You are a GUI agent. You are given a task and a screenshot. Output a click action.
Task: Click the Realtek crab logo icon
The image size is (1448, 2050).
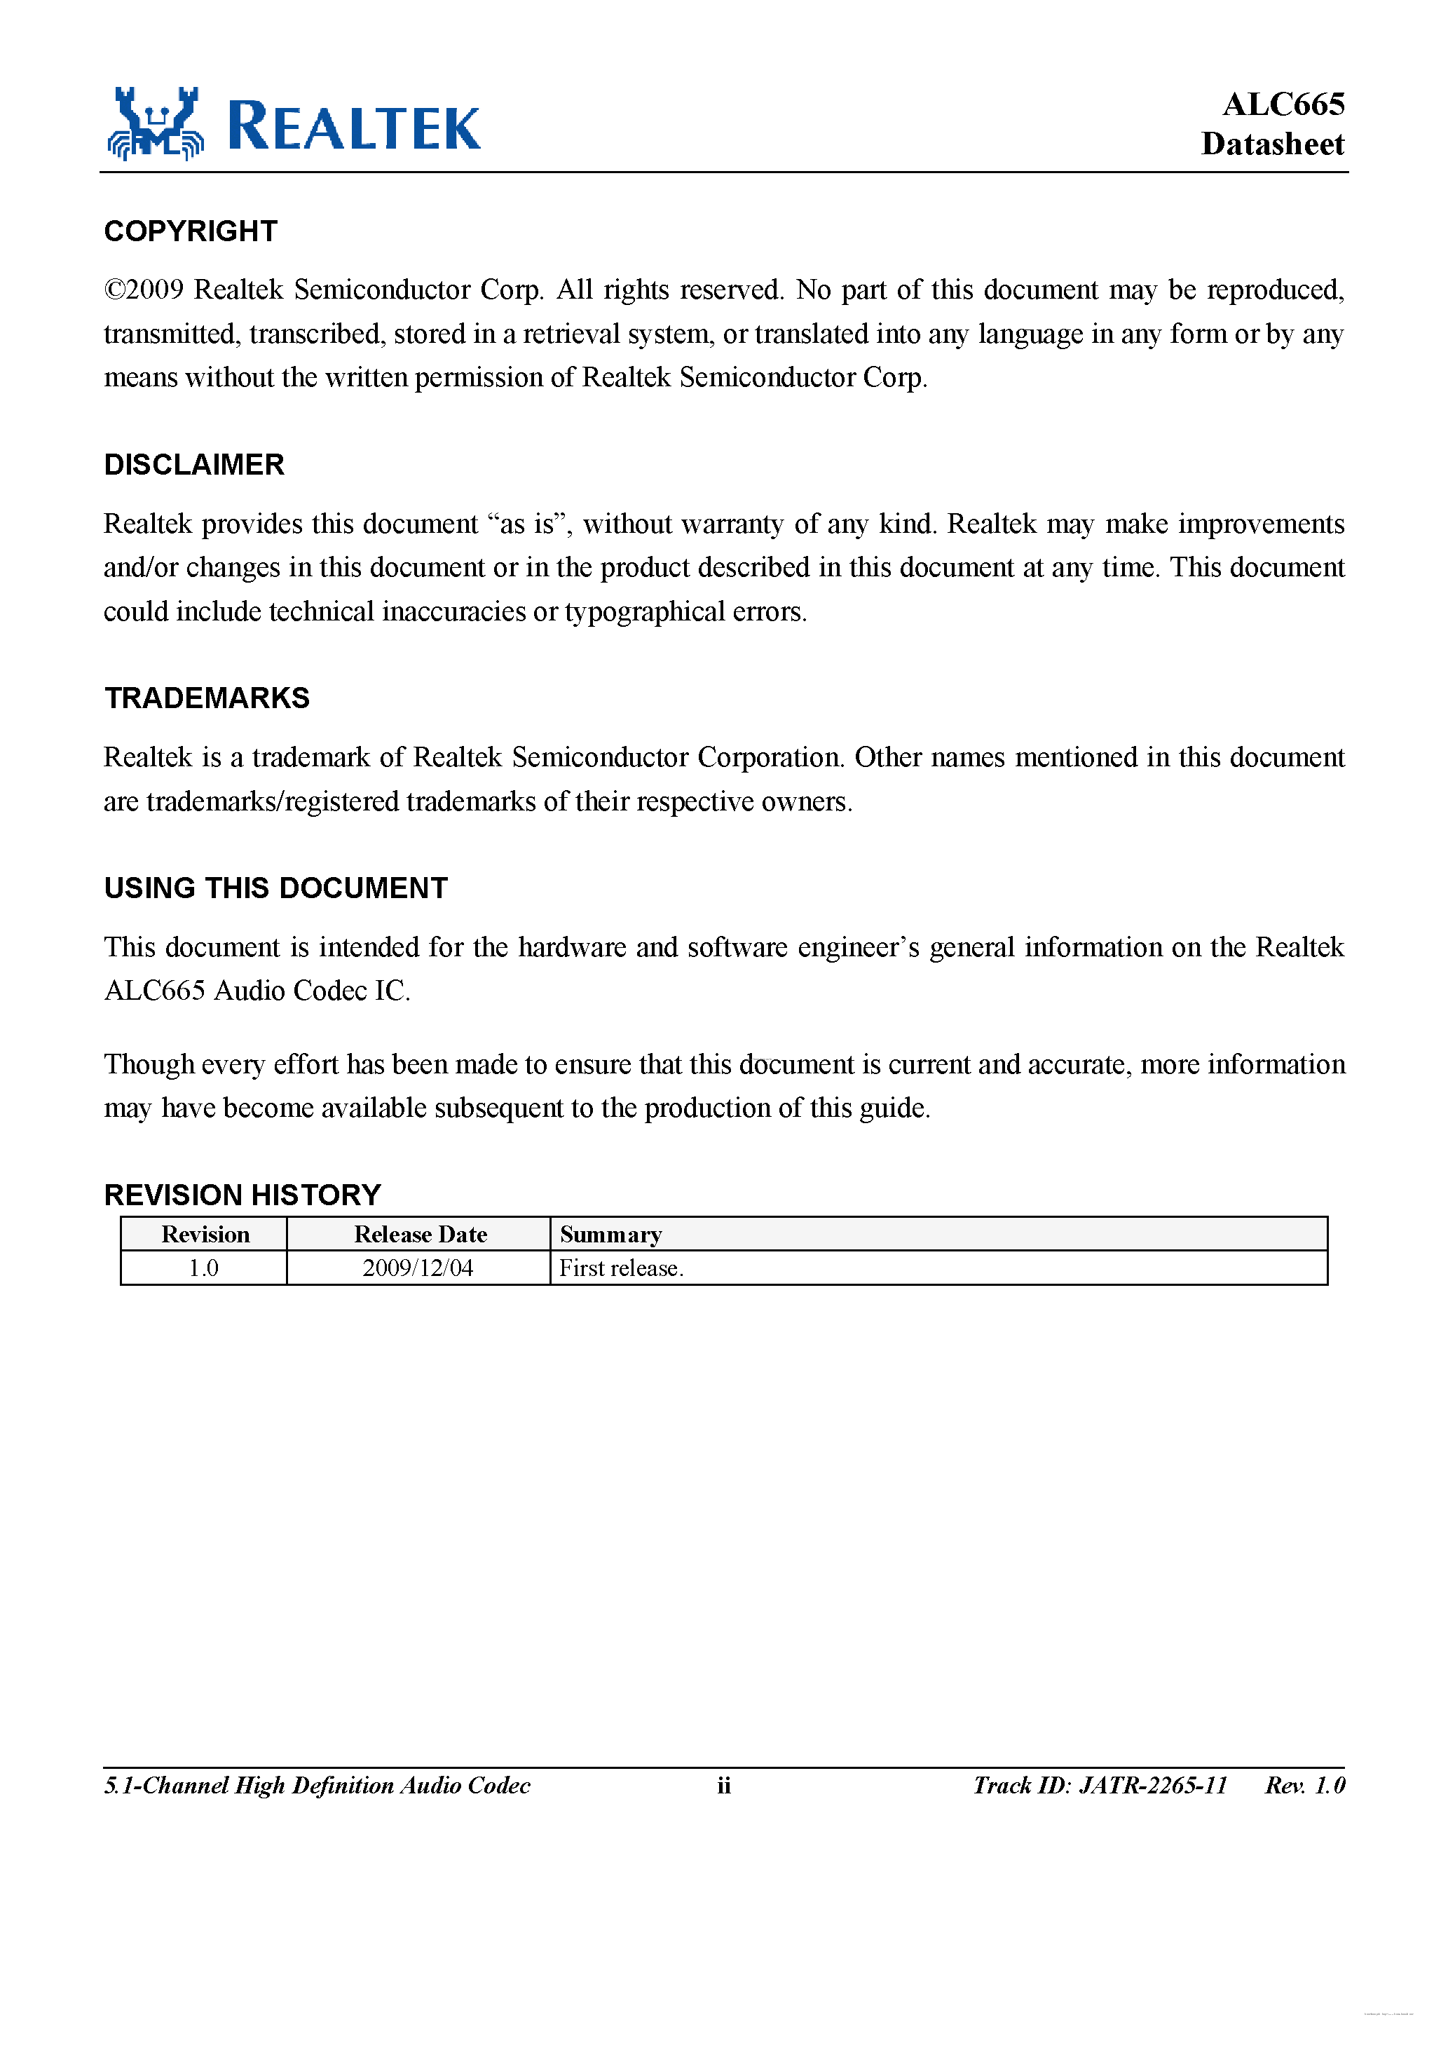pyautogui.click(x=156, y=124)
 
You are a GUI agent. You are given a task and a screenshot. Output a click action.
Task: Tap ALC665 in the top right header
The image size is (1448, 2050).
pyautogui.click(x=1283, y=104)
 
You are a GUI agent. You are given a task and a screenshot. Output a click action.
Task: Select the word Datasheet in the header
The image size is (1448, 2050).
pyautogui.click(x=1272, y=144)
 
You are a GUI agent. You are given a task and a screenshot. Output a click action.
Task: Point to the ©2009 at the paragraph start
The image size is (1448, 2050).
pyautogui.click(x=144, y=290)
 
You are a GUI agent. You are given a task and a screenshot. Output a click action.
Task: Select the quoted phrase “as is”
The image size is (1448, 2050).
pyautogui.click(x=528, y=524)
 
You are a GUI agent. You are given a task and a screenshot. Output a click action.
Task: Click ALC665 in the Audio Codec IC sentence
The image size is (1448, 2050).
pyautogui.click(x=154, y=991)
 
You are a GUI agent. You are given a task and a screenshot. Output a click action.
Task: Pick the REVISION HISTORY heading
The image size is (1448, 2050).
pyautogui.click(x=242, y=1195)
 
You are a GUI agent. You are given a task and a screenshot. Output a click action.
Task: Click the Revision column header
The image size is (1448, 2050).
pyautogui.click(x=205, y=1235)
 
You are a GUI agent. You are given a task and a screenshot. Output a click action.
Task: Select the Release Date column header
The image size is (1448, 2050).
pyautogui.click(x=420, y=1235)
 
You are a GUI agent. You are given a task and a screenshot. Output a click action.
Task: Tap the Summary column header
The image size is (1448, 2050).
pyautogui.click(x=610, y=1235)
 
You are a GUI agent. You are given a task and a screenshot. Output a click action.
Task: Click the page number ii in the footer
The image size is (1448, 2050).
pyautogui.click(x=723, y=1786)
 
